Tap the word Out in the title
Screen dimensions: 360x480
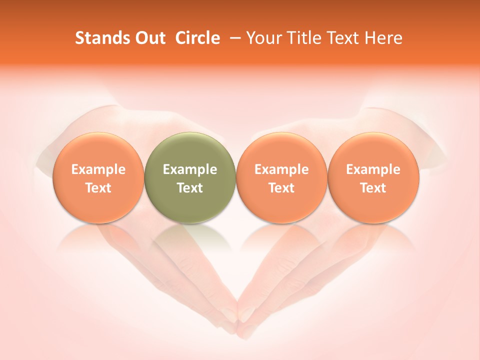149,38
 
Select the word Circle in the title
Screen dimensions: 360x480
197,38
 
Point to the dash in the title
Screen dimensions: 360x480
233,38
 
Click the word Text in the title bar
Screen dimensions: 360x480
340,38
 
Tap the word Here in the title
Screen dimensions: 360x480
383,38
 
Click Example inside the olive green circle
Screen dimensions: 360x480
190,169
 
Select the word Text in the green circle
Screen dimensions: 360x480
190,188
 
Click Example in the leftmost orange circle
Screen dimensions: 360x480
98,169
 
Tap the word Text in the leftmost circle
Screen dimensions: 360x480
98,188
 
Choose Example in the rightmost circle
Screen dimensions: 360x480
373,169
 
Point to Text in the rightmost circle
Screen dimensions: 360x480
373,188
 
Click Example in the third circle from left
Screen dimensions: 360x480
281,169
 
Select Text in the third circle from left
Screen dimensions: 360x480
281,188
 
